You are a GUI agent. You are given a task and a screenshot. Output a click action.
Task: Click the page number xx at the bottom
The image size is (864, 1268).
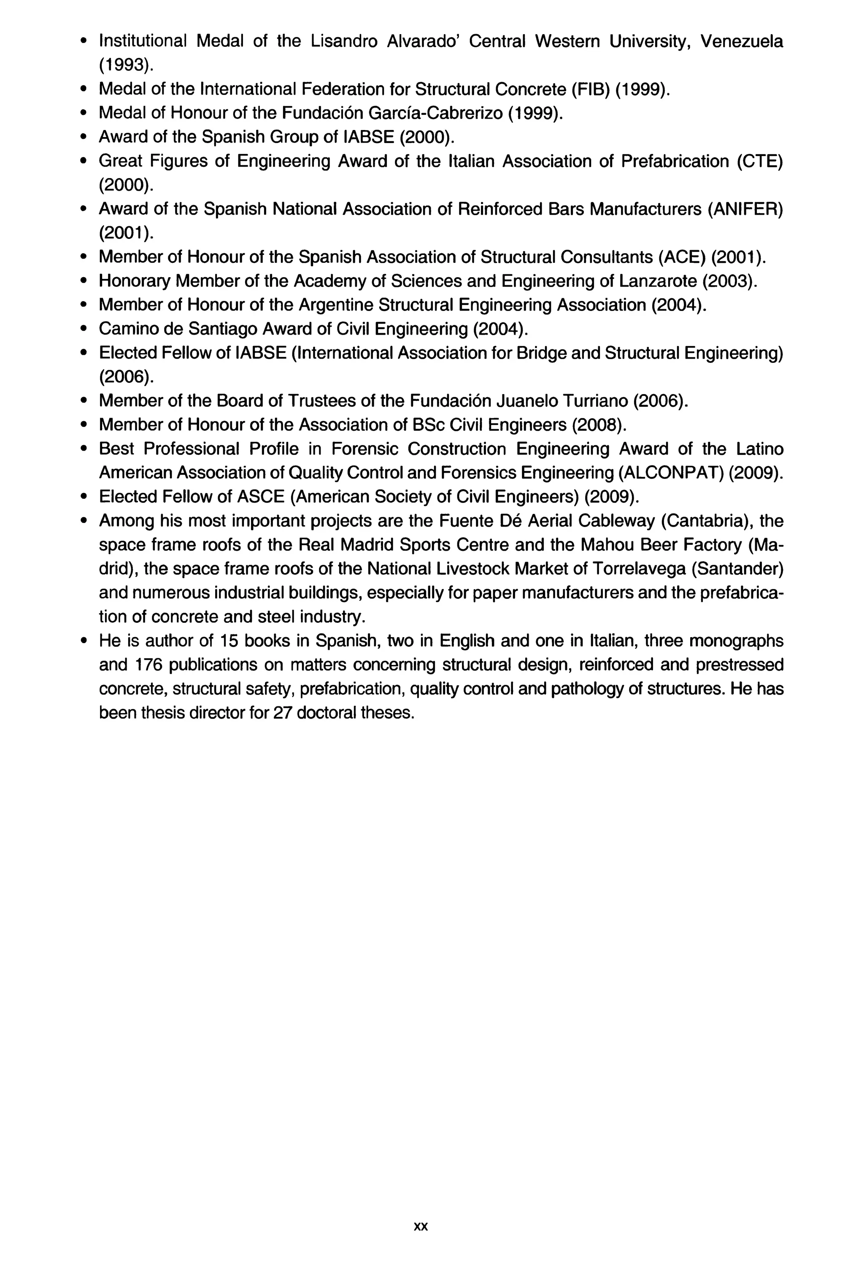click(x=421, y=1226)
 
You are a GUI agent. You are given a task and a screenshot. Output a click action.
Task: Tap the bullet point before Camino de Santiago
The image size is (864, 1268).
click(x=84, y=330)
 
